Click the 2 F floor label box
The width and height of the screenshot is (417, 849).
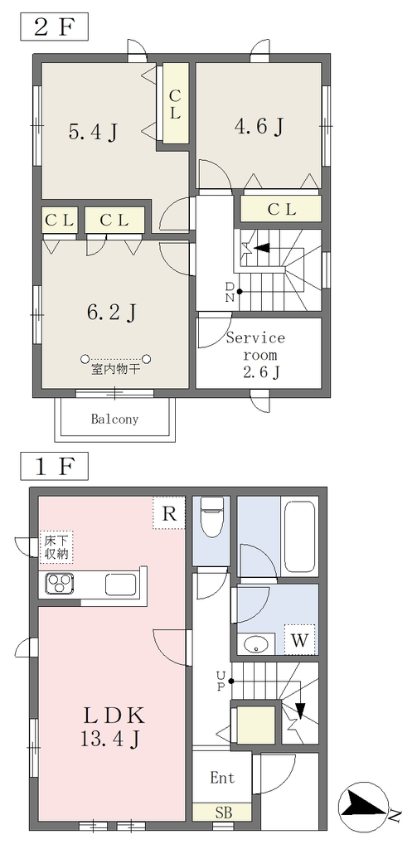[54, 27]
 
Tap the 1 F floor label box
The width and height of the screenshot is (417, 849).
[54, 466]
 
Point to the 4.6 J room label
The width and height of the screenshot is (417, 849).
[259, 127]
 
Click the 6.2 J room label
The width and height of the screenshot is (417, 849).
[111, 312]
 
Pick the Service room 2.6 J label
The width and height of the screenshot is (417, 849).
[255, 355]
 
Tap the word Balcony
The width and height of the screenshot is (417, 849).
[114, 419]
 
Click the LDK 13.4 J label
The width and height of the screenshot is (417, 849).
[114, 725]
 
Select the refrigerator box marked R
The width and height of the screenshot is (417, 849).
[169, 513]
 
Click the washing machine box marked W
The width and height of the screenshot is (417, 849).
[299, 640]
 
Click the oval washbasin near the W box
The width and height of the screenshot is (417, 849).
[257, 644]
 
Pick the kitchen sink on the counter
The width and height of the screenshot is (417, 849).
[121, 584]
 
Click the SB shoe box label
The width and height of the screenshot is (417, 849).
[222, 813]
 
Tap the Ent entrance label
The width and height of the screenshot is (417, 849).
[222, 778]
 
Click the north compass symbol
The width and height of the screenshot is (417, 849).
[364, 803]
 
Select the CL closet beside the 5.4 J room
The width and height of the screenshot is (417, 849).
[175, 103]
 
